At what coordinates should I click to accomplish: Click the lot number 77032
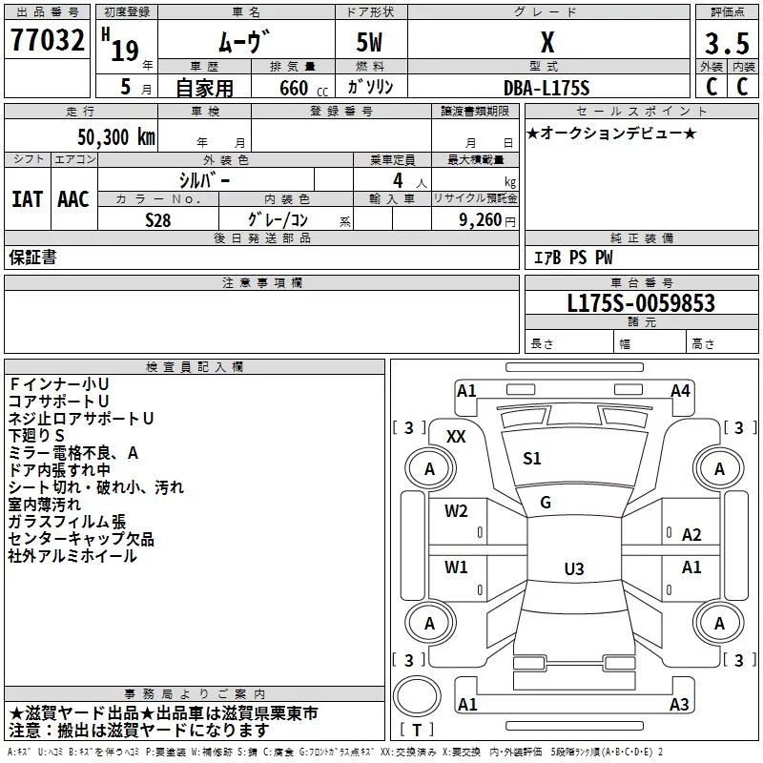pos(47,39)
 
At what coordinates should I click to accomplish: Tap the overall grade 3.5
pos(727,43)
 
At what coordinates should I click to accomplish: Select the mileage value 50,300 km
pos(116,137)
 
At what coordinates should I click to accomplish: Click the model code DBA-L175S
pos(546,88)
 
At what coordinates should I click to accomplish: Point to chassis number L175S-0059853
pos(641,303)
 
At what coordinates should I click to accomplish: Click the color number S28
pos(158,220)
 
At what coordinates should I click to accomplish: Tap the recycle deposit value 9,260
pos(481,220)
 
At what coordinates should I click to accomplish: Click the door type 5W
pos(369,42)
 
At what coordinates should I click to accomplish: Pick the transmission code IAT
pos(28,199)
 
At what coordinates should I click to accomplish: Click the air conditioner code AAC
pos(73,199)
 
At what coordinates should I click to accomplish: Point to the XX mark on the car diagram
pos(456,437)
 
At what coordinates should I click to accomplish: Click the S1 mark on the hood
pos(532,459)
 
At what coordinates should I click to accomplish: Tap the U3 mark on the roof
pos(574,568)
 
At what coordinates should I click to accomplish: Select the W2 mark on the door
pos(456,511)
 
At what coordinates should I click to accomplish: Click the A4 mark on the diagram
pos(680,391)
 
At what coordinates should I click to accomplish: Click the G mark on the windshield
pos(546,503)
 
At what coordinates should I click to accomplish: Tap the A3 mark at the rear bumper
pos(679,704)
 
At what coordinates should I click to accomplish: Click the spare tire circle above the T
pos(417,696)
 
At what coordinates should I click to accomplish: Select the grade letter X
pos(547,42)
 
